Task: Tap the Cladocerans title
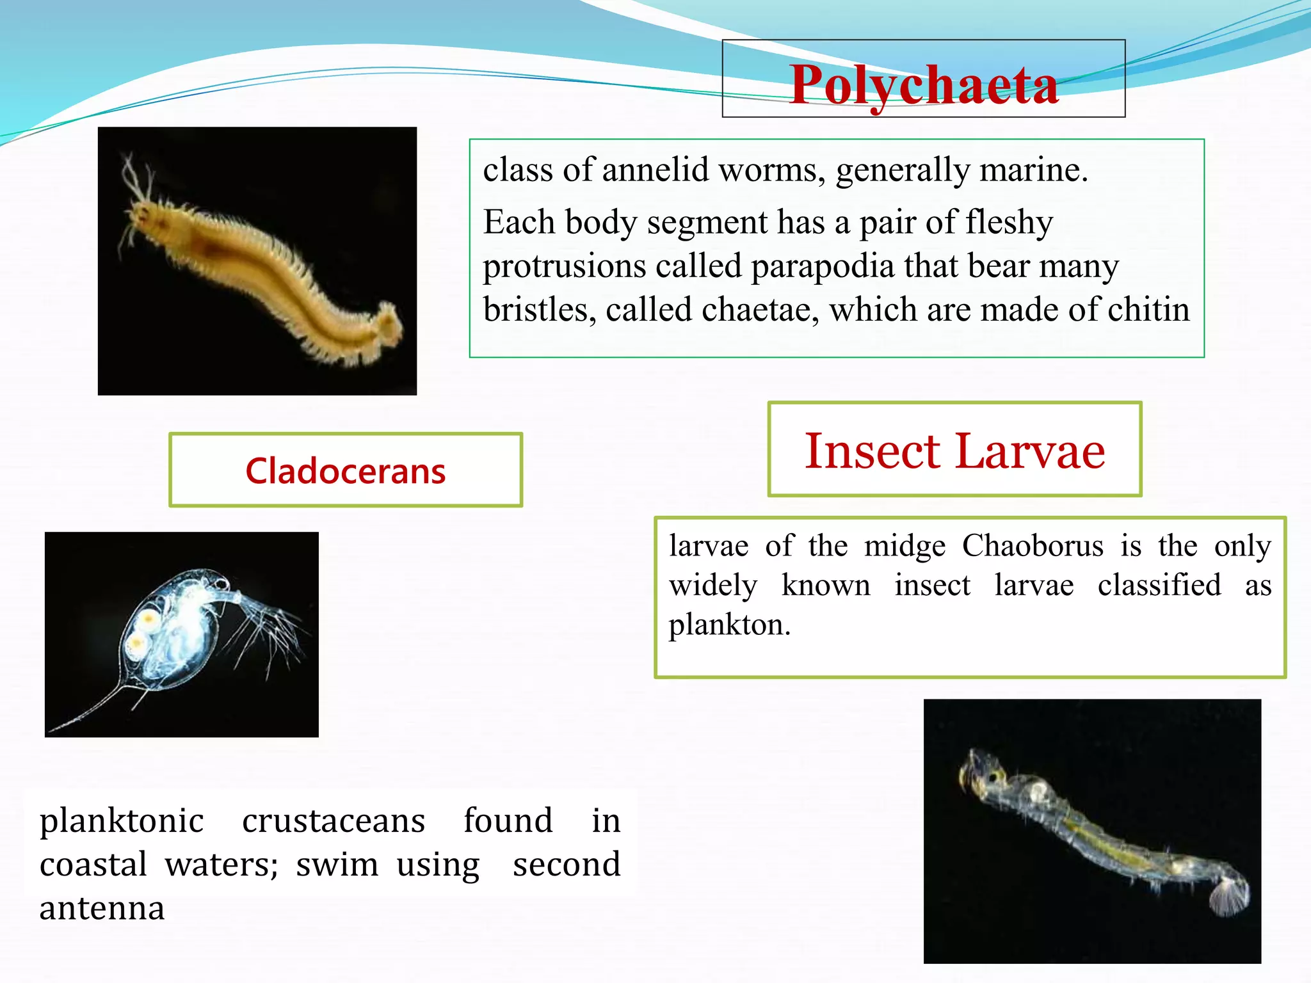pos(345,471)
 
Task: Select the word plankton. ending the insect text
pos(730,625)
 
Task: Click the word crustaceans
pos(333,820)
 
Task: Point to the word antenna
pos(102,908)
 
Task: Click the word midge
pos(905,546)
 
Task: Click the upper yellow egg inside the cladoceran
pos(149,618)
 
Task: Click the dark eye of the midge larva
pos(993,777)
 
